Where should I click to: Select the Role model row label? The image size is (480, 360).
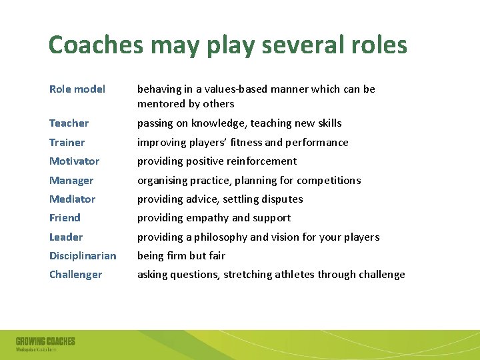77,89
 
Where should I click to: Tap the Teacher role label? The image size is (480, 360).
69,123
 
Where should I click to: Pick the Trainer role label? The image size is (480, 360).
67,143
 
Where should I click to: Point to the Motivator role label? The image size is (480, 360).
74,161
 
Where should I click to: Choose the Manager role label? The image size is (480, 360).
71,181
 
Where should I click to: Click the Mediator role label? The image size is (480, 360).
72,199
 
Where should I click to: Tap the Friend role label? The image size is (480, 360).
65,218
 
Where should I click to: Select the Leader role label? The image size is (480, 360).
66,237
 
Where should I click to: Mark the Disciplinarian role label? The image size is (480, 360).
83,256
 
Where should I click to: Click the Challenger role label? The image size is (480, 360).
75,275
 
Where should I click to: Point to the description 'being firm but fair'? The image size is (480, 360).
181,256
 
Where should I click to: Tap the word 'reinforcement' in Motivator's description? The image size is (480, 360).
263,161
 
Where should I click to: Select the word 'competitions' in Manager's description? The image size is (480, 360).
329,181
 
